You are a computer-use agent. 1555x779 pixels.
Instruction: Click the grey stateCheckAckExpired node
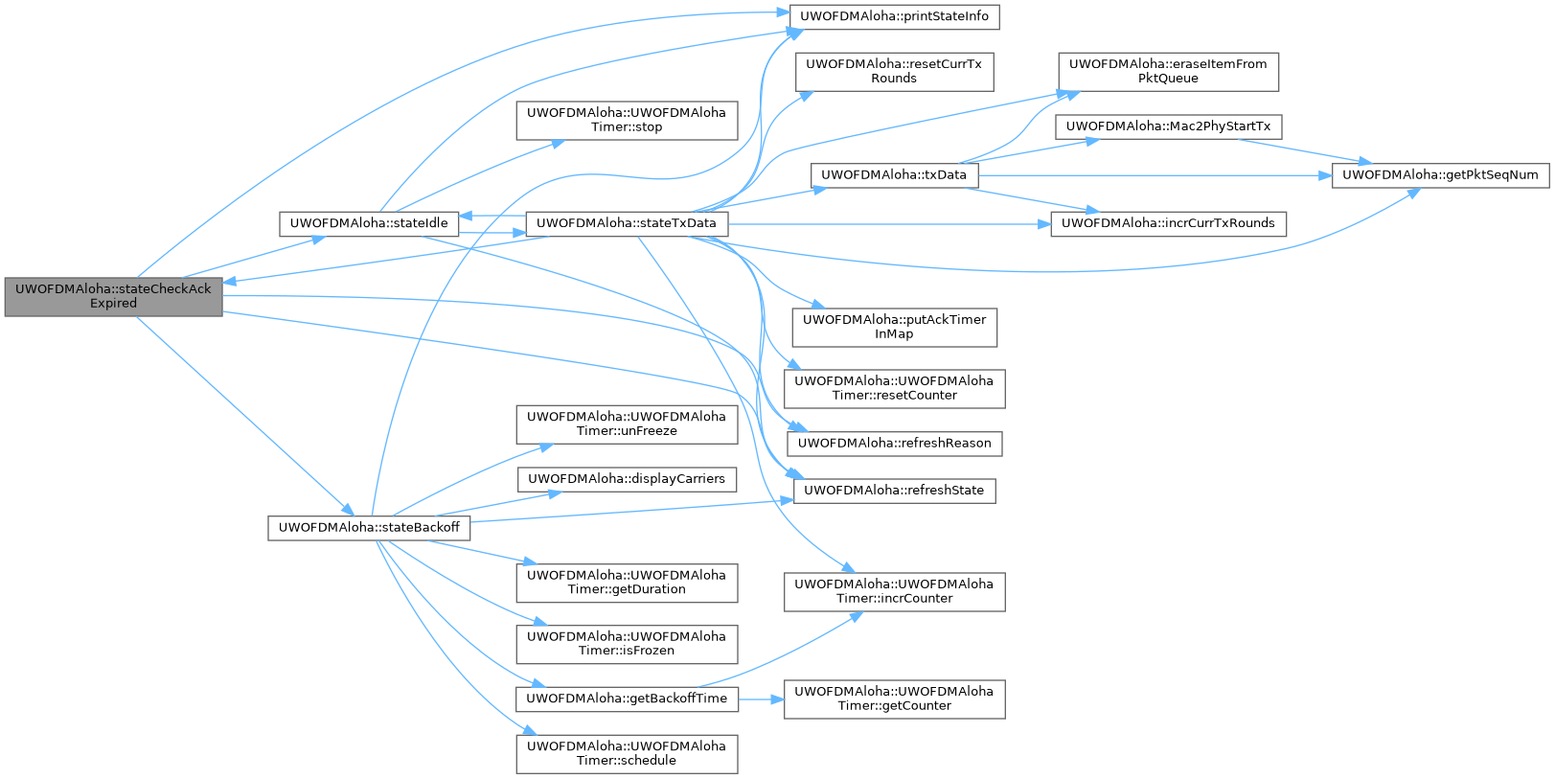tap(113, 296)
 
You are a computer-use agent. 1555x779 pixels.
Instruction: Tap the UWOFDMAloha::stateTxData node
tap(626, 223)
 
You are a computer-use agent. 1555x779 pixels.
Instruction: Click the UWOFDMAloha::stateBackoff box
tap(368, 528)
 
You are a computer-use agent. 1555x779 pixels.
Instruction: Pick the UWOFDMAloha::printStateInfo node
tap(893, 16)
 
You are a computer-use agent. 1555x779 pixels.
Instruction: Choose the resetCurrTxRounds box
tap(893, 72)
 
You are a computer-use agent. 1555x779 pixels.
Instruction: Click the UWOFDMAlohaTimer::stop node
tap(627, 120)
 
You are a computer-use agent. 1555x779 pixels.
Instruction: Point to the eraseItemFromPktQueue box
tap(1167, 72)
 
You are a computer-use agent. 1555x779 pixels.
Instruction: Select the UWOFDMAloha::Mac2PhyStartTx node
tap(1167, 126)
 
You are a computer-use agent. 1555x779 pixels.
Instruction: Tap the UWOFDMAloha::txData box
tap(893, 175)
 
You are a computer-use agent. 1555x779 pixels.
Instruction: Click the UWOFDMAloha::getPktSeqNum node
tap(1439, 175)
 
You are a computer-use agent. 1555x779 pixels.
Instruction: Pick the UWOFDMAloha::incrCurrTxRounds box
tap(1167, 223)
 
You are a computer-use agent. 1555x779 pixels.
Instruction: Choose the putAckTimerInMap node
tap(893, 327)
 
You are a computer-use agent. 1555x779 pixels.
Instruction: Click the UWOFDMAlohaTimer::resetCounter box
tap(893, 388)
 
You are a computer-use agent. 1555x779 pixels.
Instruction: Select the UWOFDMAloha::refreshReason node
tap(893, 444)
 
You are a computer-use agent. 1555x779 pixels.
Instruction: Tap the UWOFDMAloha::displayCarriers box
tap(627, 479)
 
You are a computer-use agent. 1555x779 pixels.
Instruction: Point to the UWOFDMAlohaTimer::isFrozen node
tap(627, 644)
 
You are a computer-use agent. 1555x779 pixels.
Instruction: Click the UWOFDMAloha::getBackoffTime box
tap(627, 699)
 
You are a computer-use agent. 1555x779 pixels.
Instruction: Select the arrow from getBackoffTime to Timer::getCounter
tap(762, 699)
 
